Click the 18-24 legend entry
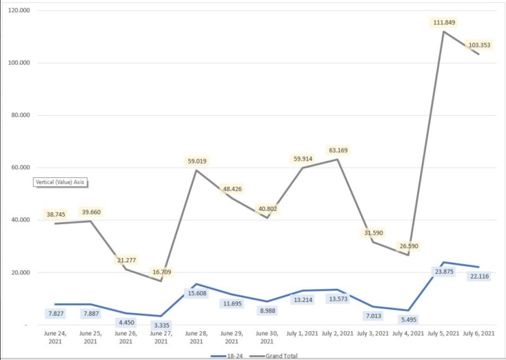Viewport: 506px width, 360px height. point(228,355)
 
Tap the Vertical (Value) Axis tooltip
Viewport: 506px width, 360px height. point(62,183)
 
